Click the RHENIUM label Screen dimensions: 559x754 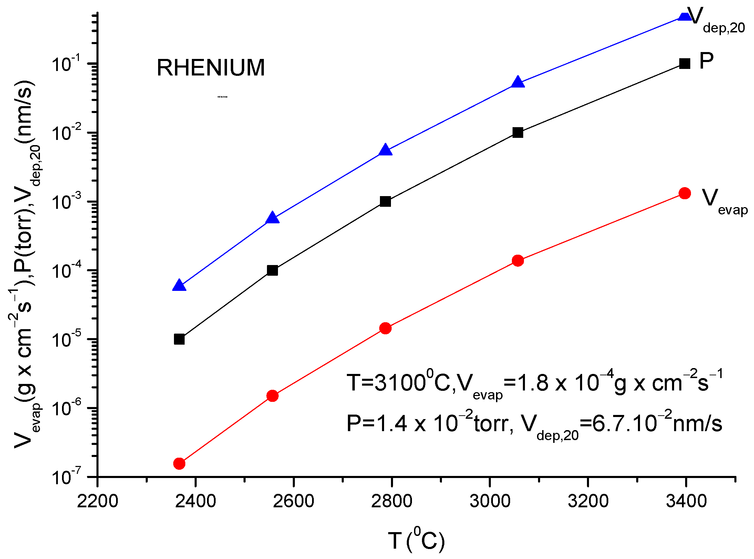pyautogui.click(x=211, y=68)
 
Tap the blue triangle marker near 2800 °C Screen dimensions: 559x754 pyautogui.click(x=385, y=151)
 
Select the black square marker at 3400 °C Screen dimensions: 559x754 pyautogui.click(x=684, y=63)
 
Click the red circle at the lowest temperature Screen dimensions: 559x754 pyautogui.click(x=179, y=464)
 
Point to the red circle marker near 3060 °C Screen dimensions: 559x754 pyautogui.click(x=517, y=261)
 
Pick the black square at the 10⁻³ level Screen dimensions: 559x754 pyautogui.click(x=385, y=201)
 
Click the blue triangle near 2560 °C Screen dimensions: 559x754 pyautogui.click(x=272, y=218)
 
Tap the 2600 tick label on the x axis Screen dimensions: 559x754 pyautogui.click(x=293, y=501)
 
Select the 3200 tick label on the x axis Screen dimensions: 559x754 pyautogui.click(x=588, y=501)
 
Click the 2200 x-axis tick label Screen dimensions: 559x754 pyautogui.click(x=97, y=501)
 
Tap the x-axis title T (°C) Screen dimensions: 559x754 pyautogui.click(x=416, y=540)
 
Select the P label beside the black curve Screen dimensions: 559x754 pyautogui.click(x=706, y=61)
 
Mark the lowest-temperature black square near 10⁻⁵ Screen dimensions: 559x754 pyautogui.click(x=179, y=339)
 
